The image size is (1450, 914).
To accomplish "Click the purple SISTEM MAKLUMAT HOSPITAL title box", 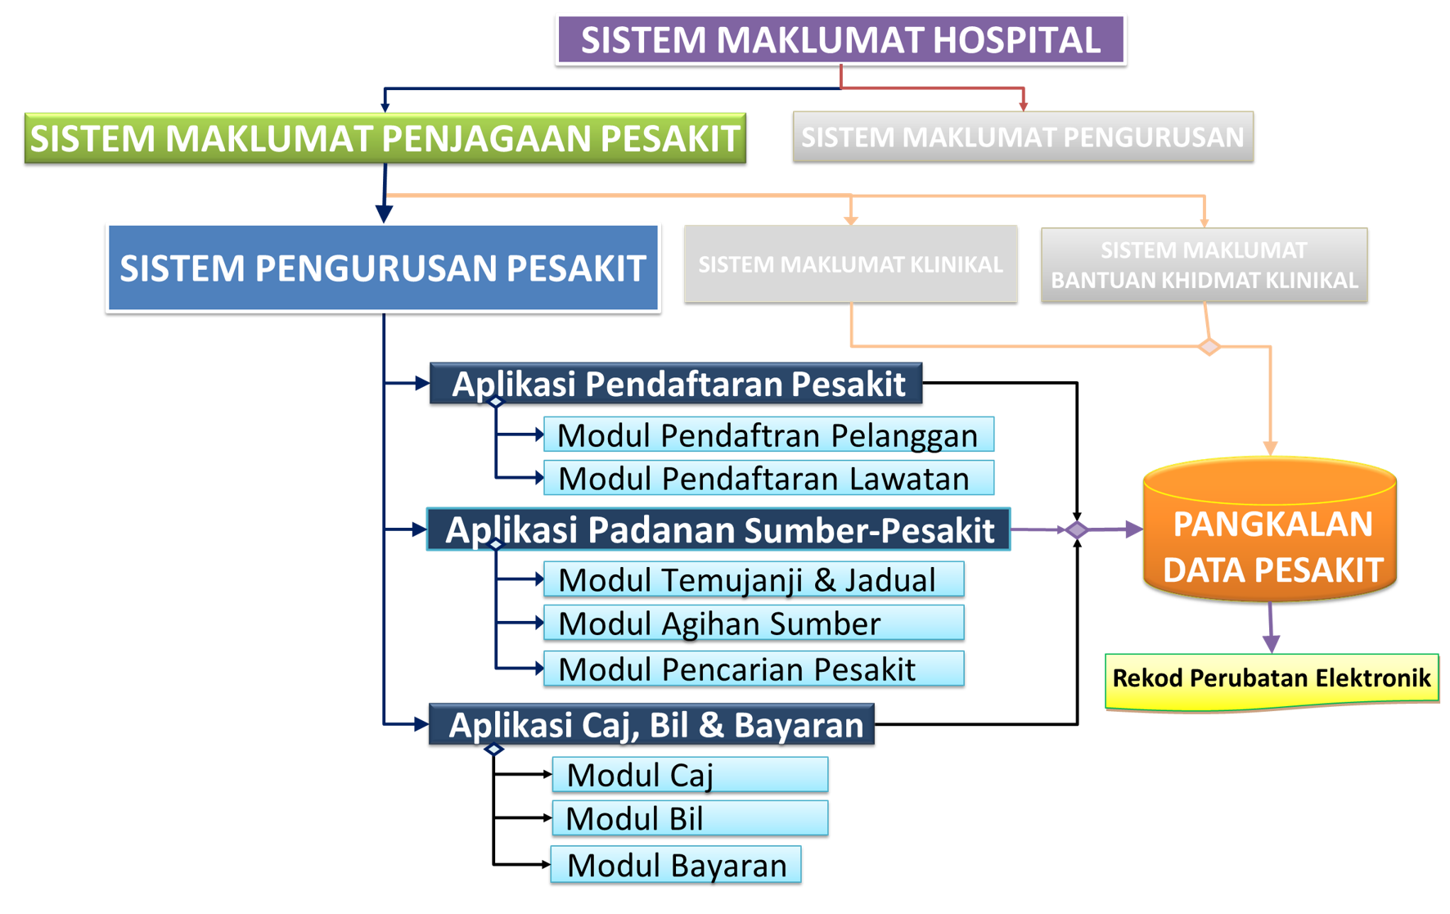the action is click(840, 40).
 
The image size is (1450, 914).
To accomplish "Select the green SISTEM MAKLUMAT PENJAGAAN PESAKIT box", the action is click(385, 138).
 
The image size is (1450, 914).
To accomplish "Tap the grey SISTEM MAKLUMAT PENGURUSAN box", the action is click(1023, 137).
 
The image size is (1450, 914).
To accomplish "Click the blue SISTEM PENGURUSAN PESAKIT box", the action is click(383, 268).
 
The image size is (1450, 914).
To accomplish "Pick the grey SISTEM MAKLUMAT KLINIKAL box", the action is click(850, 264).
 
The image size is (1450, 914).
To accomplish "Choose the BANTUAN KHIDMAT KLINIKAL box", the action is click(1204, 265).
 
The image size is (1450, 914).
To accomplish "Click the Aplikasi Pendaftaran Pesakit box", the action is click(676, 384).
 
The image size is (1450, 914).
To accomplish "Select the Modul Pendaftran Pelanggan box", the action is click(768, 434).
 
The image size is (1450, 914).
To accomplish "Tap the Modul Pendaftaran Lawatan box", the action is click(768, 478).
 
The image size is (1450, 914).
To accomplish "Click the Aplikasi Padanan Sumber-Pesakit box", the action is click(718, 529).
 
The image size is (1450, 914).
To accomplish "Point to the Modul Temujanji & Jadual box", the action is click(754, 579).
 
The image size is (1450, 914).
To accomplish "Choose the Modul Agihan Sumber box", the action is click(754, 624).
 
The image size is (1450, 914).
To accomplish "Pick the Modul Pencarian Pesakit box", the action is click(754, 669).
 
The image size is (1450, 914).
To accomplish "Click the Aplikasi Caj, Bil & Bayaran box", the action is click(651, 724).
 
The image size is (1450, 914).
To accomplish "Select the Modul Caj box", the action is click(690, 774).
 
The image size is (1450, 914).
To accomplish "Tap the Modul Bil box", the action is click(690, 818).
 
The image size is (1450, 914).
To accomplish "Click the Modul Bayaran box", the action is click(676, 865).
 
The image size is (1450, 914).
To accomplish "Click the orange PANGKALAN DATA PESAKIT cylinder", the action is click(1270, 530).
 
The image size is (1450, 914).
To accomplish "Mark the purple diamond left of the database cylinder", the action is click(1077, 530).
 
